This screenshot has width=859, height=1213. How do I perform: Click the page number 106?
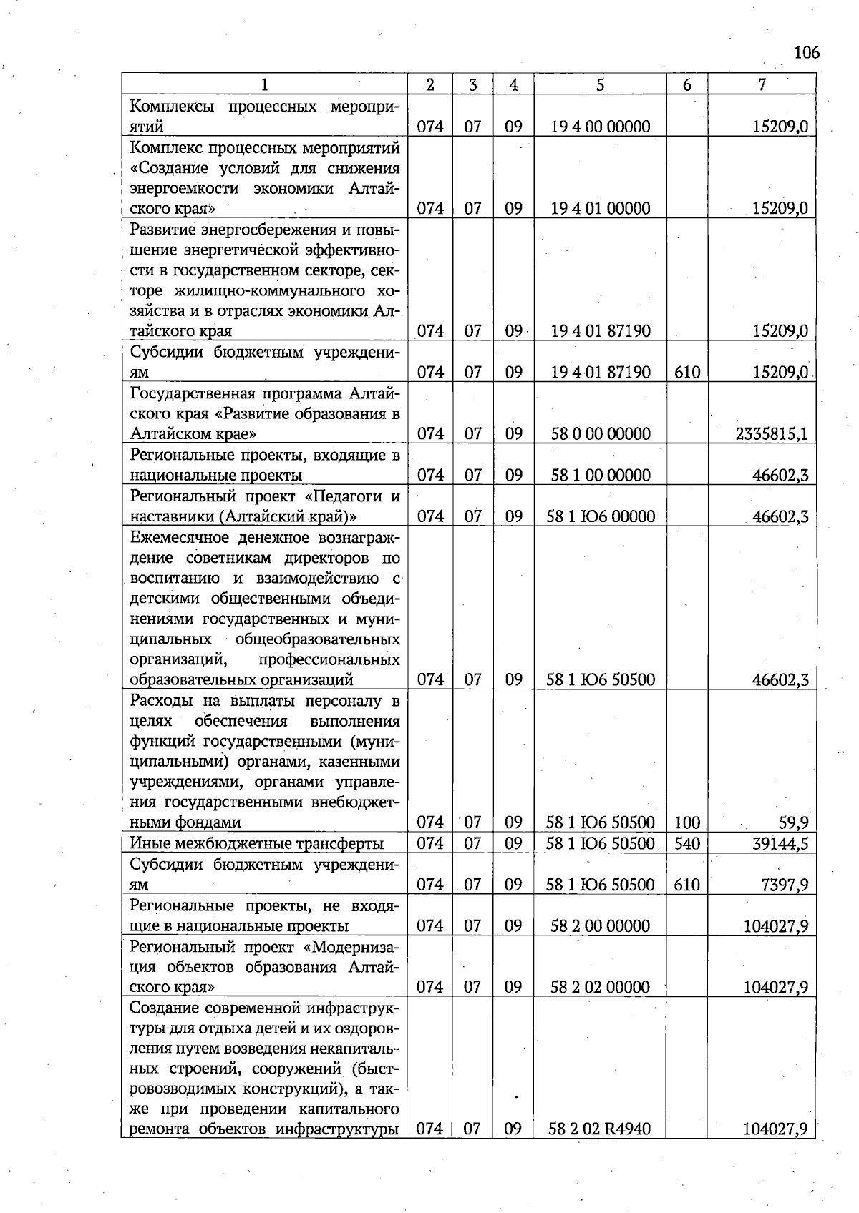pyautogui.click(x=806, y=52)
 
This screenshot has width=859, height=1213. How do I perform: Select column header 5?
pyautogui.click(x=600, y=84)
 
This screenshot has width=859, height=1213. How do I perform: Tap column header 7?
pyautogui.click(x=762, y=84)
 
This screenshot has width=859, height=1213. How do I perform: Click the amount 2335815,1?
pyautogui.click(x=771, y=433)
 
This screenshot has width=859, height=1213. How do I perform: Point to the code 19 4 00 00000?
pyautogui.click(x=600, y=127)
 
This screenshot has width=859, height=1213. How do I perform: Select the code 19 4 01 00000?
pyautogui.click(x=600, y=208)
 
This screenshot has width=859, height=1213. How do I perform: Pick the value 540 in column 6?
pyautogui.click(x=686, y=843)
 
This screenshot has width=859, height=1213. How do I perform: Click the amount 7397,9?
pyautogui.click(x=785, y=885)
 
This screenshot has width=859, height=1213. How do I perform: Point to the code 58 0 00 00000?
pyautogui.click(x=600, y=433)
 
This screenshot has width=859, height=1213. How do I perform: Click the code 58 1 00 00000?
pyautogui.click(x=600, y=475)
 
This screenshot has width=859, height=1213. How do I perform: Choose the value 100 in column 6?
pyautogui.click(x=686, y=822)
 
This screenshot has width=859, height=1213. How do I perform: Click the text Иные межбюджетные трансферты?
pyautogui.click(x=256, y=843)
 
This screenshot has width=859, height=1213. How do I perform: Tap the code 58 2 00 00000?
pyautogui.click(x=600, y=925)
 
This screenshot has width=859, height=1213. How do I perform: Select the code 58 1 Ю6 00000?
pyautogui.click(x=600, y=516)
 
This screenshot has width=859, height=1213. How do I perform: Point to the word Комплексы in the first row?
pyautogui.click(x=172, y=107)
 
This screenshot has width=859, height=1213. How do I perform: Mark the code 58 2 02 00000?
pyautogui.click(x=600, y=987)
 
